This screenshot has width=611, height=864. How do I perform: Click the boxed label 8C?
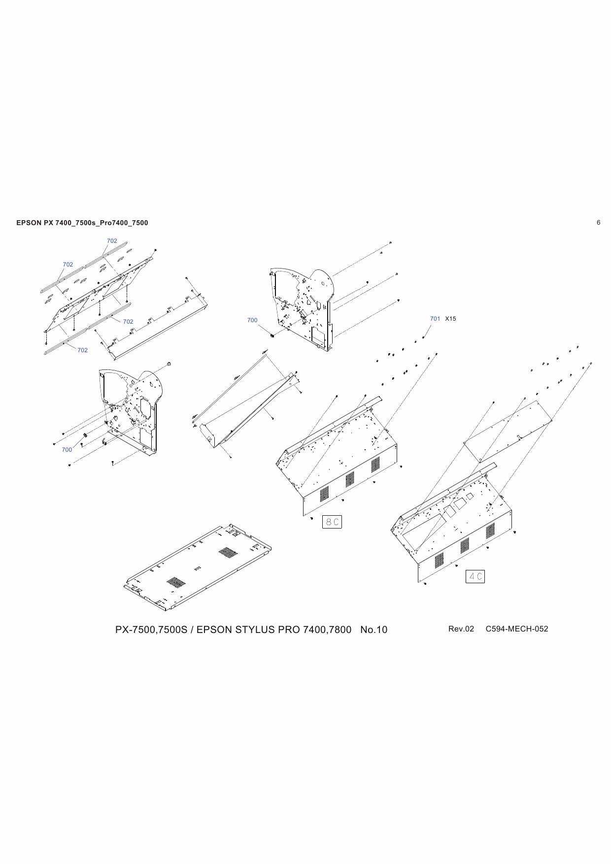[332, 522]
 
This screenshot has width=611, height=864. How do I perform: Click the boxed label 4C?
[475, 576]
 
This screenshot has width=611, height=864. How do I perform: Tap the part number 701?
[435, 319]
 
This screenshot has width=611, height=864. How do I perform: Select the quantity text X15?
[450, 319]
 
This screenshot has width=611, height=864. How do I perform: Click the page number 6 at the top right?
[598, 223]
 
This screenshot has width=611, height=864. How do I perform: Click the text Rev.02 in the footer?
[461, 629]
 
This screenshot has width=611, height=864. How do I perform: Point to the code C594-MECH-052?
[516, 629]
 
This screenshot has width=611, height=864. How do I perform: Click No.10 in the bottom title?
[373, 630]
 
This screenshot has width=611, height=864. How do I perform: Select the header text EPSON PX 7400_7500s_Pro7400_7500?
[82, 223]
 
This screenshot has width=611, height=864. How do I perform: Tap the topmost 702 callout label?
[112, 241]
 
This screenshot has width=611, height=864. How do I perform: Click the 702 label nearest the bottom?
[82, 350]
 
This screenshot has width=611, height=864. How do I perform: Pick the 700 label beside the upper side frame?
[252, 320]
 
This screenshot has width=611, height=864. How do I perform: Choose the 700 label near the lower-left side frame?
[67, 450]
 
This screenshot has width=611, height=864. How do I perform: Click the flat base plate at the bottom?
[197, 569]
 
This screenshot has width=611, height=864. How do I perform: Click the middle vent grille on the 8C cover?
[349, 479]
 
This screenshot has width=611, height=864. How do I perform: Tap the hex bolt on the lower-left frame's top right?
[169, 364]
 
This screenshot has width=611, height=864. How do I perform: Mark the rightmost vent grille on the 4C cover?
[490, 531]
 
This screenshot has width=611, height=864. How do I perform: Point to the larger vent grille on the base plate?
[228, 552]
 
